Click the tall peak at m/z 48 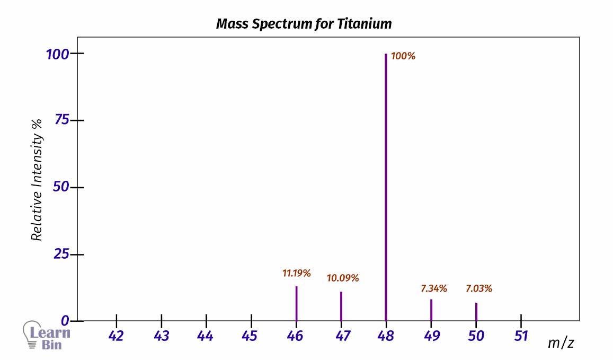click(x=386, y=186)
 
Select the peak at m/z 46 click(x=296, y=303)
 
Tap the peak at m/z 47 click(x=341, y=306)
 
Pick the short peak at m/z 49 click(x=431, y=310)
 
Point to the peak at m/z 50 click(x=476, y=311)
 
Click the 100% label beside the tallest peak click(x=403, y=56)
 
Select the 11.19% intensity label click(x=296, y=274)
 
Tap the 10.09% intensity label click(x=343, y=278)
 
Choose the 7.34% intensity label click(x=434, y=289)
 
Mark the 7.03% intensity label click(x=479, y=289)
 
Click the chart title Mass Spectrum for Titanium click(x=304, y=24)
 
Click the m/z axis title click(x=561, y=343)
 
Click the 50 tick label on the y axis click(x=61, y=187)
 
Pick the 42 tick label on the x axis click(x=116, y=336)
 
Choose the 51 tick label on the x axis click(x=521, y=336)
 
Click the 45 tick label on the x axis click(x=251, y=336)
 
